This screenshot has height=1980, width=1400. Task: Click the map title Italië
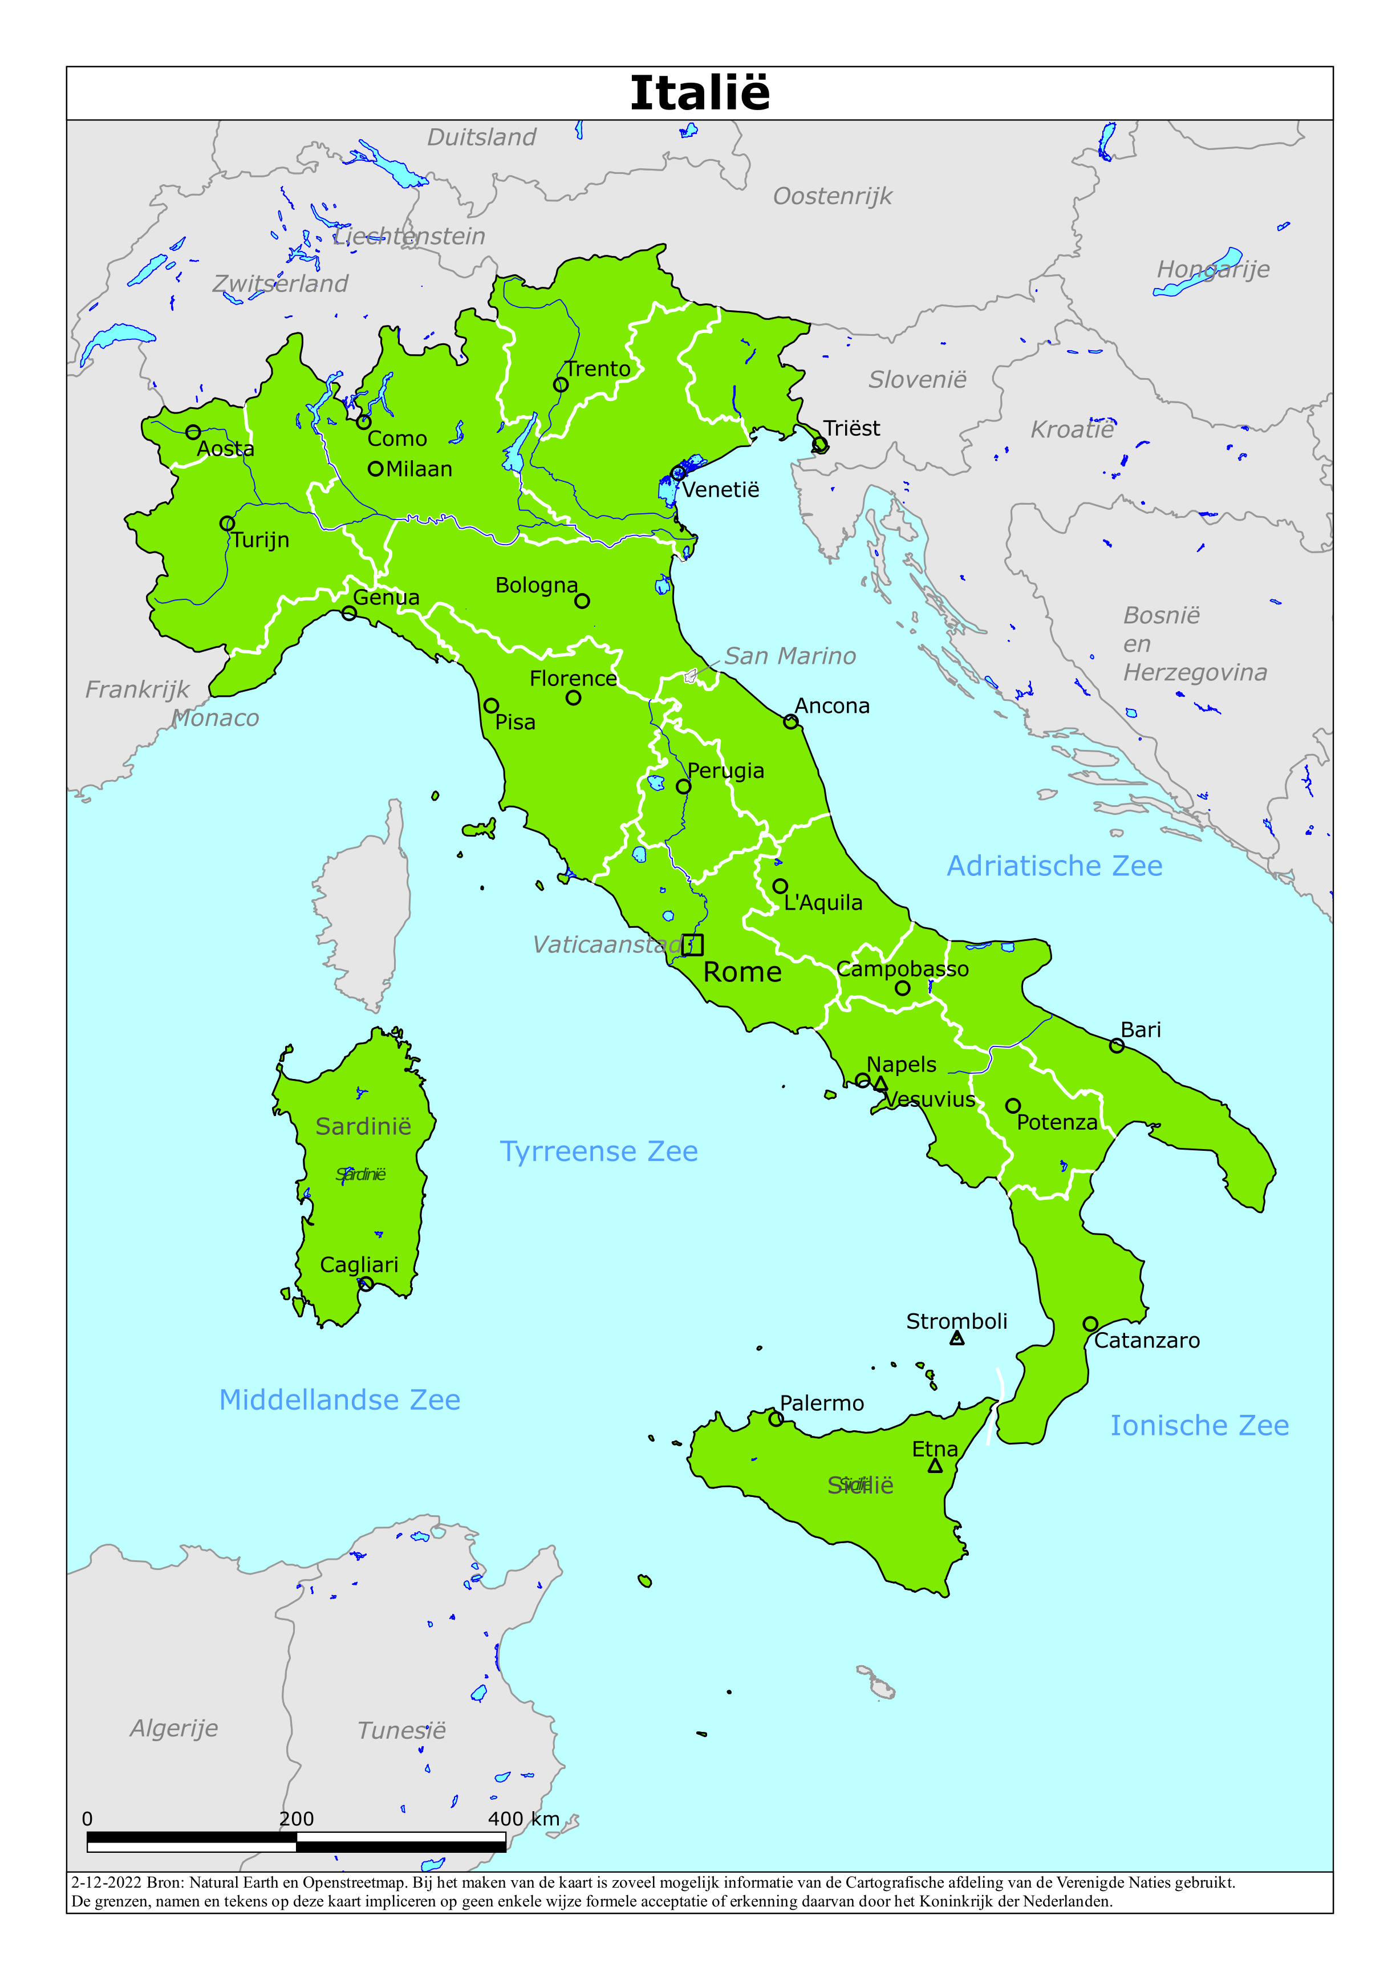point(700,93)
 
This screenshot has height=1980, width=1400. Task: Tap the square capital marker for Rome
point(693,944)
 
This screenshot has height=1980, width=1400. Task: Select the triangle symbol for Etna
point(935,1465)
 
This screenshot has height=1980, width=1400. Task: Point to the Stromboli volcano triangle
point(957,1338)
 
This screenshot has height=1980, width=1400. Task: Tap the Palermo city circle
point(776,1419)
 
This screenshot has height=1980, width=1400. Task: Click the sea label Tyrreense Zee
point(599,1151)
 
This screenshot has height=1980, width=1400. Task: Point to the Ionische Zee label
point(1199,1426)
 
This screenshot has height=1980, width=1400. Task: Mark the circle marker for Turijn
point(227,524)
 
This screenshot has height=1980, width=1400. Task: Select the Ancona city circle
point(790,722)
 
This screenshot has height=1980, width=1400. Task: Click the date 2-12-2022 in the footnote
point(106,1882)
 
